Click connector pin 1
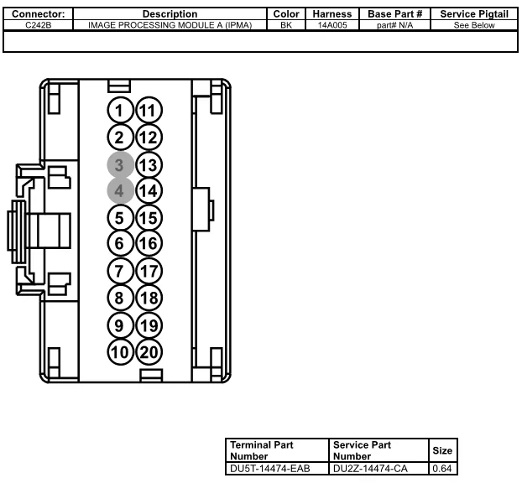coord(120,111)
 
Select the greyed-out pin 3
coord(120,164)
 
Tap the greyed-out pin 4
coord(120,191)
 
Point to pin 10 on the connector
coord(120,351)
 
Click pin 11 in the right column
coord(149,111)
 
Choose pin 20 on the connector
coord(149,351)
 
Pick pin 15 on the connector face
coord(149,218)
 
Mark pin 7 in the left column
coord(120,272)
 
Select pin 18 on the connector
coord(149,298)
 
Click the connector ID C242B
coord(39,25)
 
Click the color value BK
coord(286,25)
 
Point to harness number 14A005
coord(331,25)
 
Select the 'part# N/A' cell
coord(395,25)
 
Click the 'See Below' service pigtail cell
coord(474,25)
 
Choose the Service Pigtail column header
coord(474,14)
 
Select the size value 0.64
coord(441,468)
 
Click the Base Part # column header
coord(395,14)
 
